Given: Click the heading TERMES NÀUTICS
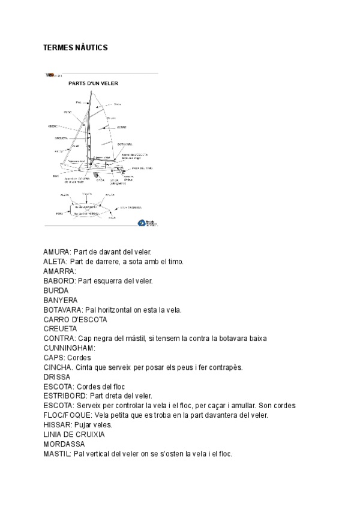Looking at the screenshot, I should pyautogui.click(x=76, y=47).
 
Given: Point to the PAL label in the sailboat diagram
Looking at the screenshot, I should pyautogui.click(x=79, y=103).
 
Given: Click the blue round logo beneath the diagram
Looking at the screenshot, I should pyautogui.click(x=142, y=222).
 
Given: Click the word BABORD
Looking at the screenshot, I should pyautogui.click(x=56, y=281).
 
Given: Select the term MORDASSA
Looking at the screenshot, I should pyautogui.click(x=64, y=444).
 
